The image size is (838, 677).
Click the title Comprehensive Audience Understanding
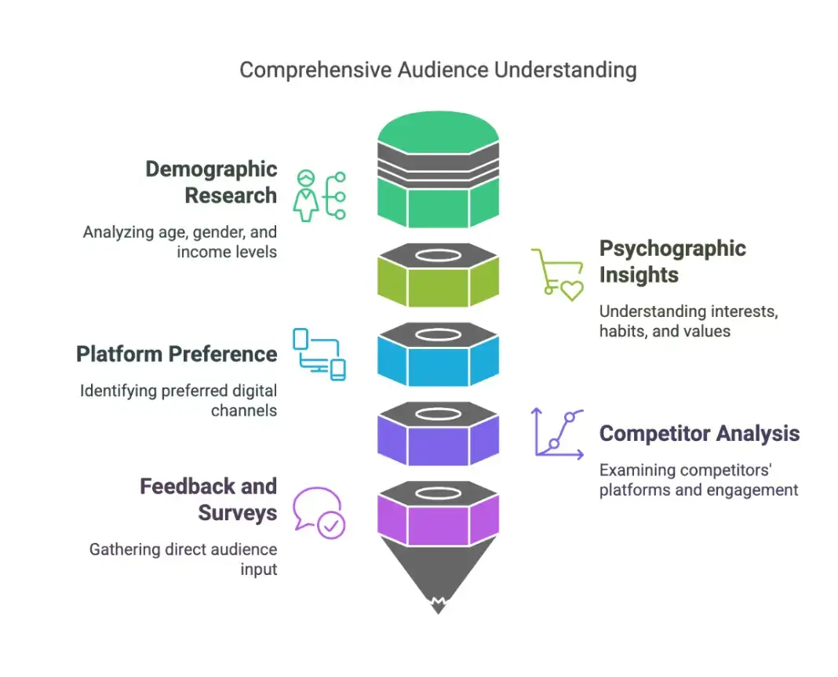(x=437, y=70)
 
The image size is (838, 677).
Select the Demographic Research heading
(x=210, y=182)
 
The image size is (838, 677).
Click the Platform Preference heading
(x=177, y=354)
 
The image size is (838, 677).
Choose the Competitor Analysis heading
(x=699, y=433)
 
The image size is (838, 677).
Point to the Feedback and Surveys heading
(x=208, y=499)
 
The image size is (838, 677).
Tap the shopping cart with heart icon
(x=557, y=275)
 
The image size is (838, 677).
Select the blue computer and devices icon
(x=319, y=355)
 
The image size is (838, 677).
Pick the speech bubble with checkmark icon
(x=319, y=513)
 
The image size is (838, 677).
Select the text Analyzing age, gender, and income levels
(x=180, y=242)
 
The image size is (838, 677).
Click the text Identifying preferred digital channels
(x=178, y=400)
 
